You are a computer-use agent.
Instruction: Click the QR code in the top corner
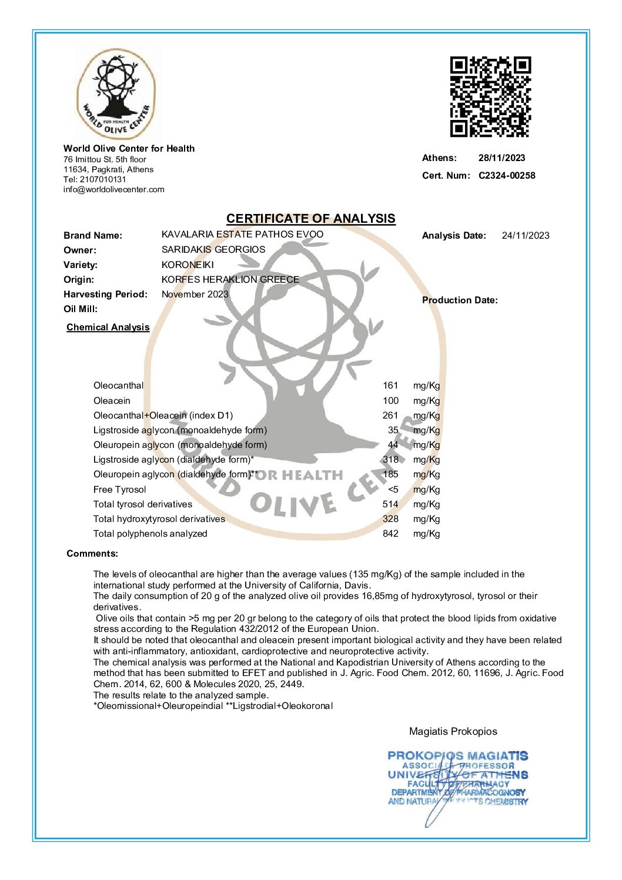tap(490, 96)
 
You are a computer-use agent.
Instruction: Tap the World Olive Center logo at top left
tap(116, 95)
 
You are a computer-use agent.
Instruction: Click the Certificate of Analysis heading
tap(310, 219)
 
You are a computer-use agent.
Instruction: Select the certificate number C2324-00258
tap(507, 175)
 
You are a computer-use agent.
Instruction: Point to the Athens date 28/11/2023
tap(501, 158)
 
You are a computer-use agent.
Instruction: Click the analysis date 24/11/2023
tap(525, 236)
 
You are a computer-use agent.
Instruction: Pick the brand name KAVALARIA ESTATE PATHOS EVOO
tap(242, 234)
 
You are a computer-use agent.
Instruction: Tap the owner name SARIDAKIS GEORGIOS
tap(213, 249)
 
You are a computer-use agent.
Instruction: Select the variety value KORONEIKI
tap(188, 265)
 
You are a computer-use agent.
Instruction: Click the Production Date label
tap(460, 300)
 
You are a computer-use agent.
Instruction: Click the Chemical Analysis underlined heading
tap(108, 327)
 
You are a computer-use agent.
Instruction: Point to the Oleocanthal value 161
tap(390, 386)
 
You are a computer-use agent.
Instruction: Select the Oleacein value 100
tap(390, 401)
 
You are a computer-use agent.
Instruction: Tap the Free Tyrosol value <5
tap(393, 490)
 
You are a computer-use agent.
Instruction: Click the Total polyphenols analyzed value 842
tap(390, 534)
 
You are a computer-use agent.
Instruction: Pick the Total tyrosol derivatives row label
tap(143, 504)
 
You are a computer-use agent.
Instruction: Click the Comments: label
tap(92, 553)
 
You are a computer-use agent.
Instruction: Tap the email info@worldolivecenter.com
tap(114, 189)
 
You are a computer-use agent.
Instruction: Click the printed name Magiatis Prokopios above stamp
tap(453, 731)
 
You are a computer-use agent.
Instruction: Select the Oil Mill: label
tap(81, 309)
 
